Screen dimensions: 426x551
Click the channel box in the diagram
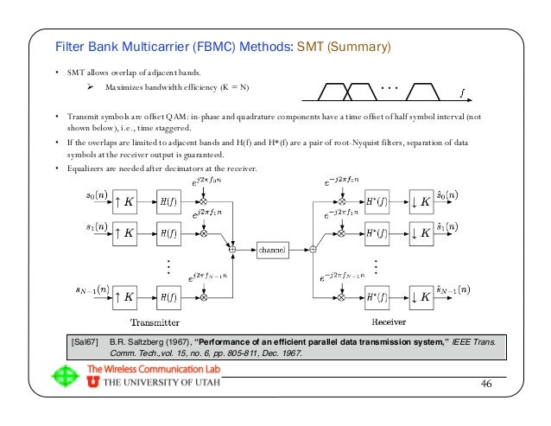click(276, 250)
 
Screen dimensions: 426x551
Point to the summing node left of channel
click(231, 250)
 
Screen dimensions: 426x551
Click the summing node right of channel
click(313, 250)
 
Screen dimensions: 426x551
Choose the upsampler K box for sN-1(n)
click(124, 296)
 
